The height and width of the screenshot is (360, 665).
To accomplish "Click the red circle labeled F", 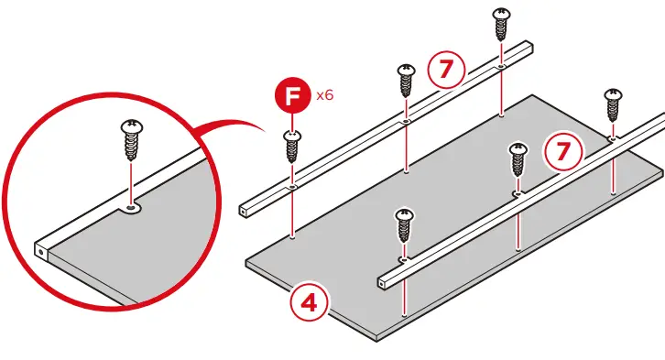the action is coord(292,97).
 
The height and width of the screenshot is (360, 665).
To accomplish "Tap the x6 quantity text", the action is coord(325,95).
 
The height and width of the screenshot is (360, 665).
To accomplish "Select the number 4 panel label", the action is coord(310,303).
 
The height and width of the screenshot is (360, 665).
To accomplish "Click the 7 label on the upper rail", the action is coord(446,69).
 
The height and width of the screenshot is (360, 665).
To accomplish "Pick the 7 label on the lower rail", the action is coord(563,151).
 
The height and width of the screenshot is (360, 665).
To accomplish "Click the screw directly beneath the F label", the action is coord(292,147).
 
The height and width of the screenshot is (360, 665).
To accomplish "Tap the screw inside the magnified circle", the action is coord(132,140).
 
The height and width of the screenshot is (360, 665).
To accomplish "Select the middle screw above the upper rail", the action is coord(407,81).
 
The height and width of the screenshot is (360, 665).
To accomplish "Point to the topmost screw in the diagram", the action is coord(501,24).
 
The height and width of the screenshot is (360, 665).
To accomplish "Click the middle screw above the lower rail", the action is coord(518,160).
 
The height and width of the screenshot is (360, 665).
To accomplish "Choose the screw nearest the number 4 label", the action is coord(404,225).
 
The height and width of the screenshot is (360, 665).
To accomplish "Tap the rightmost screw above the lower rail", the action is coord(613,105).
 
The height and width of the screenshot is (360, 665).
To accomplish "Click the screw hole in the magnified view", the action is coord(132,208).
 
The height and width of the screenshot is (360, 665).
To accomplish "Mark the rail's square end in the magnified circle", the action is coord(41,253).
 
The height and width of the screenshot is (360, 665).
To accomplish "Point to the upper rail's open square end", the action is coord(243,211).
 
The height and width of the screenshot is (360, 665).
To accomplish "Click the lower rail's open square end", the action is coord(383,282).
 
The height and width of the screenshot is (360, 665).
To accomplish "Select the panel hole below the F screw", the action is coord(292,237).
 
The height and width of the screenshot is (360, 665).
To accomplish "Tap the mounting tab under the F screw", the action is coord(292,187).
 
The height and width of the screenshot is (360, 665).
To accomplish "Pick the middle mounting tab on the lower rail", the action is coord(518,194).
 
